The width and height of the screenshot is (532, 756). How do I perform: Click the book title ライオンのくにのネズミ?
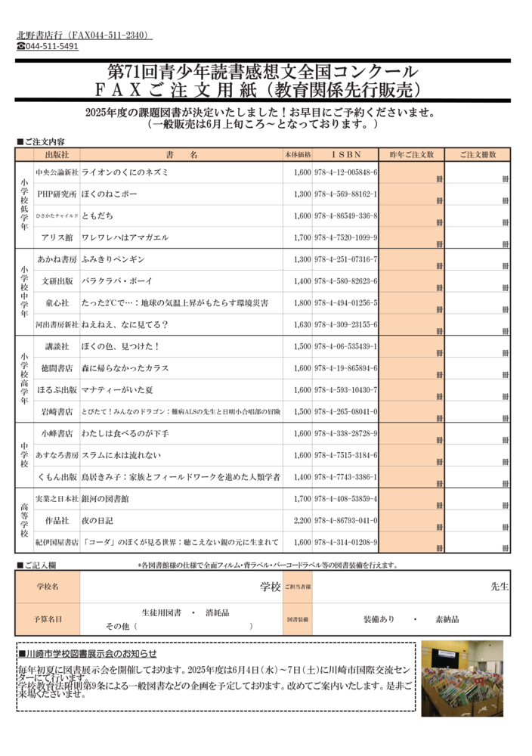click(125, 172)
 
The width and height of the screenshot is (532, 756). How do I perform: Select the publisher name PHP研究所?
click(57, 194)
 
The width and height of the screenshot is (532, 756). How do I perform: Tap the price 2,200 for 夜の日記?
click(302, 521)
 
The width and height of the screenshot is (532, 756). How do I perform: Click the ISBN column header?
click(345, 155)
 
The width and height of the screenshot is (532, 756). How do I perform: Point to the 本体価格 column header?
click(298, 155)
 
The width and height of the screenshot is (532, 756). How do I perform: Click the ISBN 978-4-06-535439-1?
click(345, 346)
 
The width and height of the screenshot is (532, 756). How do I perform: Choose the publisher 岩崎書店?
click(57, 412)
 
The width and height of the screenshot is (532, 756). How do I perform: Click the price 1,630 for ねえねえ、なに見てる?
click(302, 325)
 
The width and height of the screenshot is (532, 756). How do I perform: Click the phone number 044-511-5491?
click(51, 47)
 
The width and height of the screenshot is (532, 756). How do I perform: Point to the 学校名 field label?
click(47, 587)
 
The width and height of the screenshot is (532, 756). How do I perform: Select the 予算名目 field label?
click(47, 619)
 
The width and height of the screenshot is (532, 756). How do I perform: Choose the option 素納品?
click(447, 619)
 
